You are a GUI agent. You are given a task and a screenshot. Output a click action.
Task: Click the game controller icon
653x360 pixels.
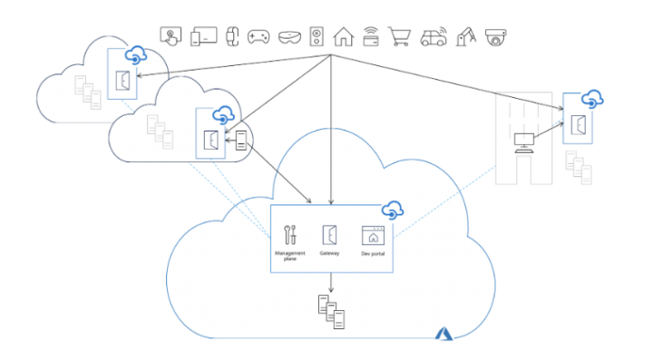(x=258, y=36)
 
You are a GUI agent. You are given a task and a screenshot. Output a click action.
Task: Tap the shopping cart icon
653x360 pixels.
(x=400, y=36)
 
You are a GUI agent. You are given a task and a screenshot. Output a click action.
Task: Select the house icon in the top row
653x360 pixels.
(x=343, y=36)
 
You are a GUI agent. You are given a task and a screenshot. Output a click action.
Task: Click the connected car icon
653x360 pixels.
(x=433, y=36)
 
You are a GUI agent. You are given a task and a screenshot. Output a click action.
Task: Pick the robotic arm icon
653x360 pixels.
(x=466, y=36)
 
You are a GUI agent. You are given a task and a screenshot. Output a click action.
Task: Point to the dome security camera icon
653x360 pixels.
(x=495, y=37)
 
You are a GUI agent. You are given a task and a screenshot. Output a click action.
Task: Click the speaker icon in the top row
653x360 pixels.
(x=315, y=36)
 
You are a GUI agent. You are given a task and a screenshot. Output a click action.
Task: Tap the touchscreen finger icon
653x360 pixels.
(x=171, y=36)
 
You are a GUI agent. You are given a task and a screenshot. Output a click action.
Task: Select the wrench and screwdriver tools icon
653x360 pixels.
(x=289, y=234)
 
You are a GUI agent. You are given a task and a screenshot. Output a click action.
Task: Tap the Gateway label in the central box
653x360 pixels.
(x=330, y=253)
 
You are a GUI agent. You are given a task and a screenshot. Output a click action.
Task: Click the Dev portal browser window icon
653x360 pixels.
(x=372, y=235)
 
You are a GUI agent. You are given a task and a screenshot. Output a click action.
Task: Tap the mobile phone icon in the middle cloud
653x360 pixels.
(x=241, y=140)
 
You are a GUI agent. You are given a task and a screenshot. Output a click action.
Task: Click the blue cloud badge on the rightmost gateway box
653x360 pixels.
(x=592, y=97)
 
